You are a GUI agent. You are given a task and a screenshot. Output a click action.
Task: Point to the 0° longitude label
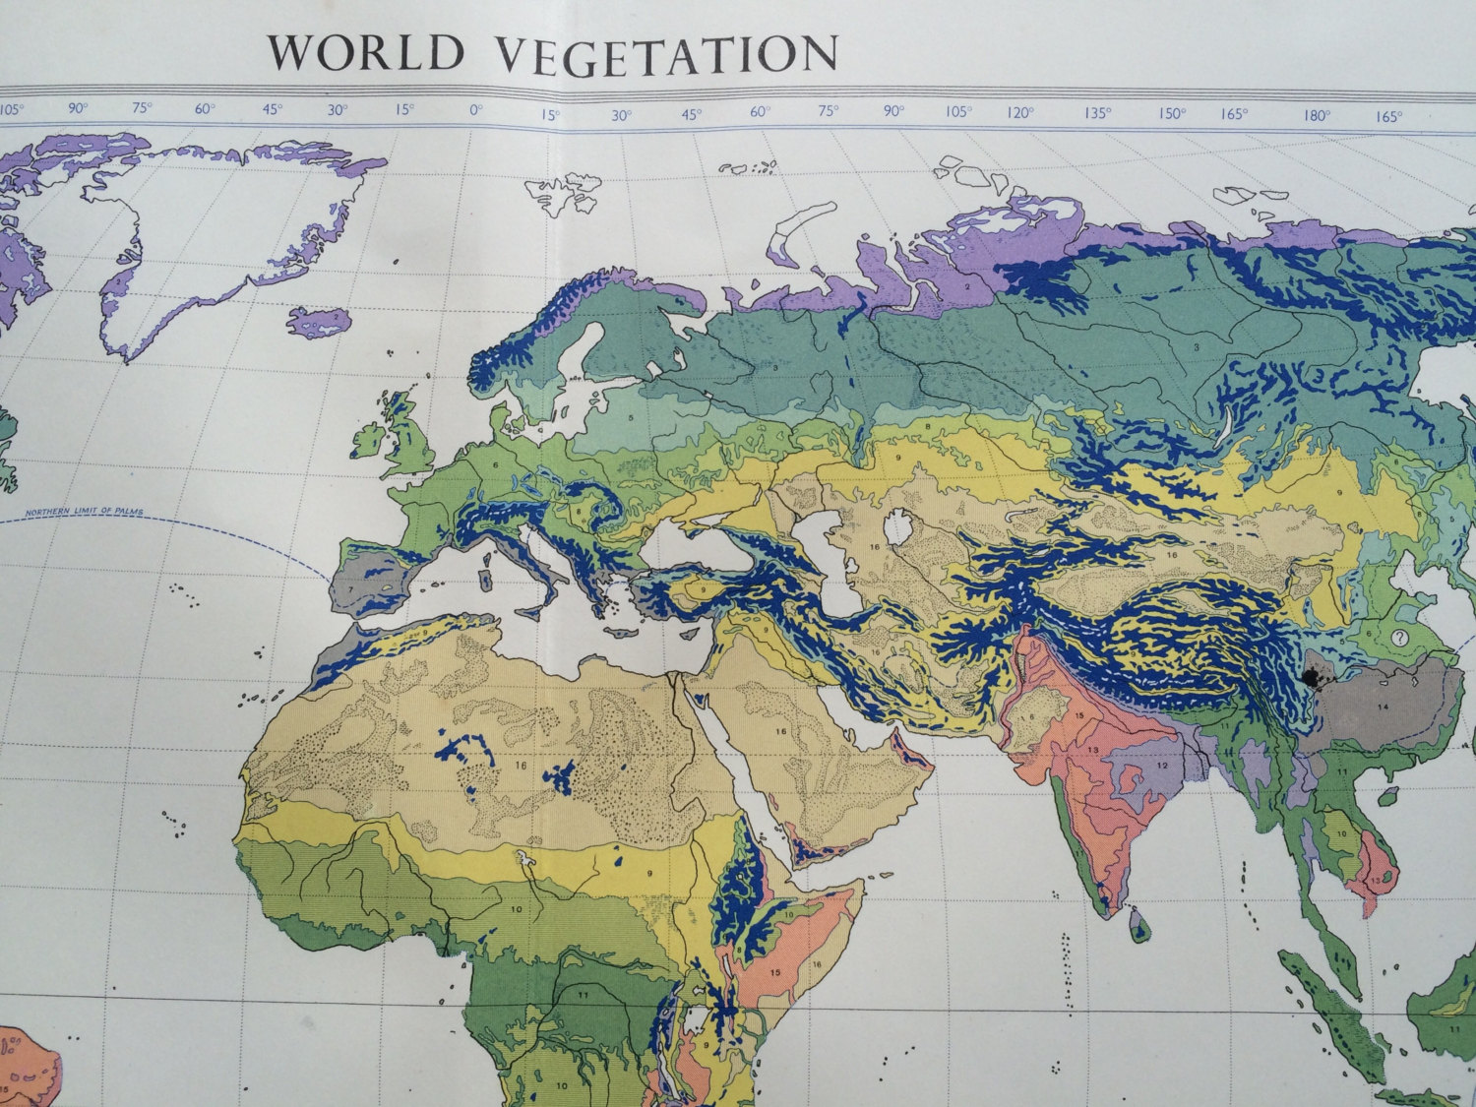coord(476,110)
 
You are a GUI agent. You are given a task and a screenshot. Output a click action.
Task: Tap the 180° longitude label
coord(1317,115)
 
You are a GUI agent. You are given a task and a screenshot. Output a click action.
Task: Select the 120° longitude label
coord(1020,112)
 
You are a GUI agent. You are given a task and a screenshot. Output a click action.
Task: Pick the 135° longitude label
coord(1096,112)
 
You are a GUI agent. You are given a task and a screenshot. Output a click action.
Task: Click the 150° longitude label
coord(1171,113)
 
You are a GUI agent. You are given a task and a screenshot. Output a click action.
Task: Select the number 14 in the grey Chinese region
coord(1383,707)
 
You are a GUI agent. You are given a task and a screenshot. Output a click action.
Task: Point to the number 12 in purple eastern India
coord(1162,765)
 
